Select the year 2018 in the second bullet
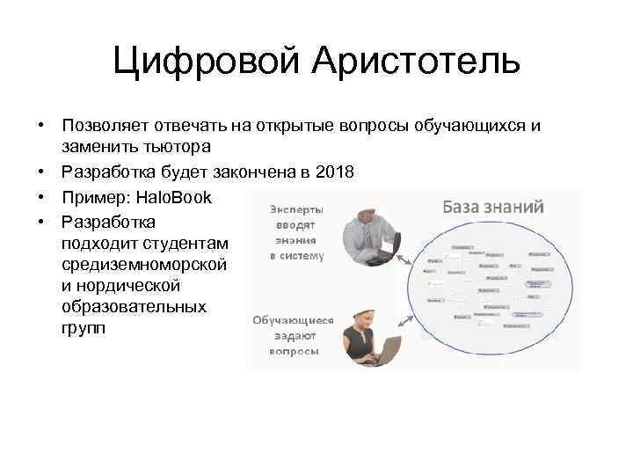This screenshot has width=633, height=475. click(337, 172)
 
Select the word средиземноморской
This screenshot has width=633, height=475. click(145, 264)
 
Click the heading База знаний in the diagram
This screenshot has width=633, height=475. click(491, 207)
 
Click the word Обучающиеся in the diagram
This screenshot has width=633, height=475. click(293, 321)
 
